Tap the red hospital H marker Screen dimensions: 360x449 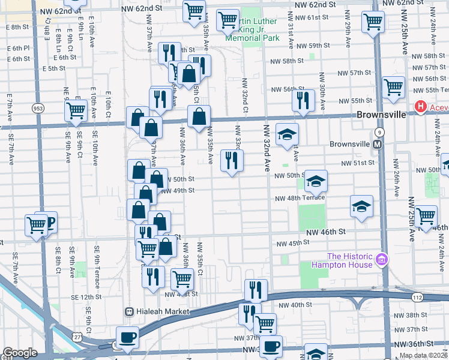pos(420,107)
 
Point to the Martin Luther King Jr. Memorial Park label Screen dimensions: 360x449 pos(252,29)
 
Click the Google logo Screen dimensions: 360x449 pos(20,352)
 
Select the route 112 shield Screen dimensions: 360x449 pos(417,297)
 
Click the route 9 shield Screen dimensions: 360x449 pos(379,131)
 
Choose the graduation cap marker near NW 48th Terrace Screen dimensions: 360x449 pos(361,206)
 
